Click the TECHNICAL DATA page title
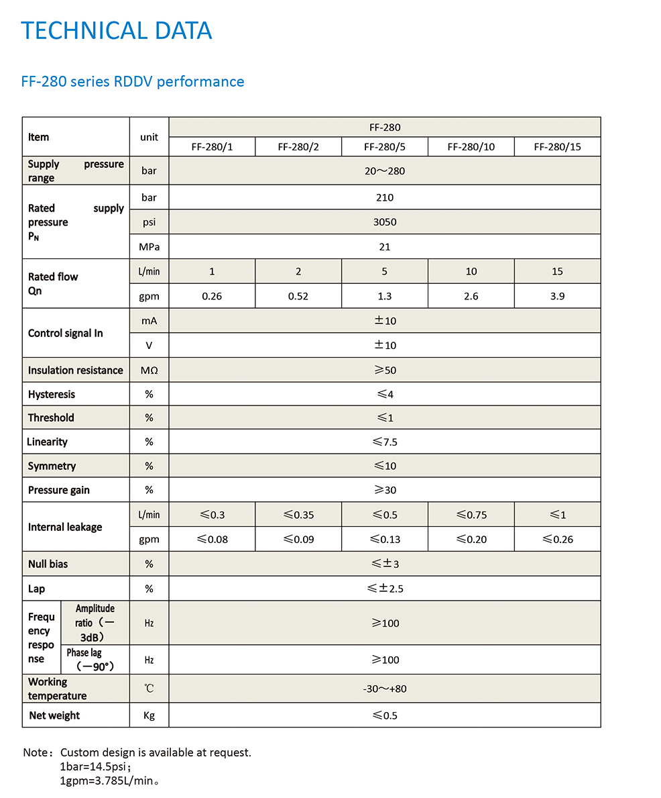(117, 31)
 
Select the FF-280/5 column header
(384, 147)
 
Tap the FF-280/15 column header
(557, 147)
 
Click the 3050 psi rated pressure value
(385, 222)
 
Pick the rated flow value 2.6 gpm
(471, 296)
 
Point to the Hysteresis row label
(52, 394)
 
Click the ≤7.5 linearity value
(385, 442)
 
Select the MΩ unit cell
(149, 370)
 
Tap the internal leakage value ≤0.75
(471, 515)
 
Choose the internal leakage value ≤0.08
(212, 539)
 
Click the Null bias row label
(48, 564)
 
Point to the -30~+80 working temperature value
(385, 689)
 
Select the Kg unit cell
(149, 715)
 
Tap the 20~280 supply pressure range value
(385, 171)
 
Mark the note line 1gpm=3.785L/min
(109, 781)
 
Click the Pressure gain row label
(59, 490)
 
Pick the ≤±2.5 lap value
(385, 589)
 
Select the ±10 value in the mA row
(385, 321)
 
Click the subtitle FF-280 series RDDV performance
(133, 82)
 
